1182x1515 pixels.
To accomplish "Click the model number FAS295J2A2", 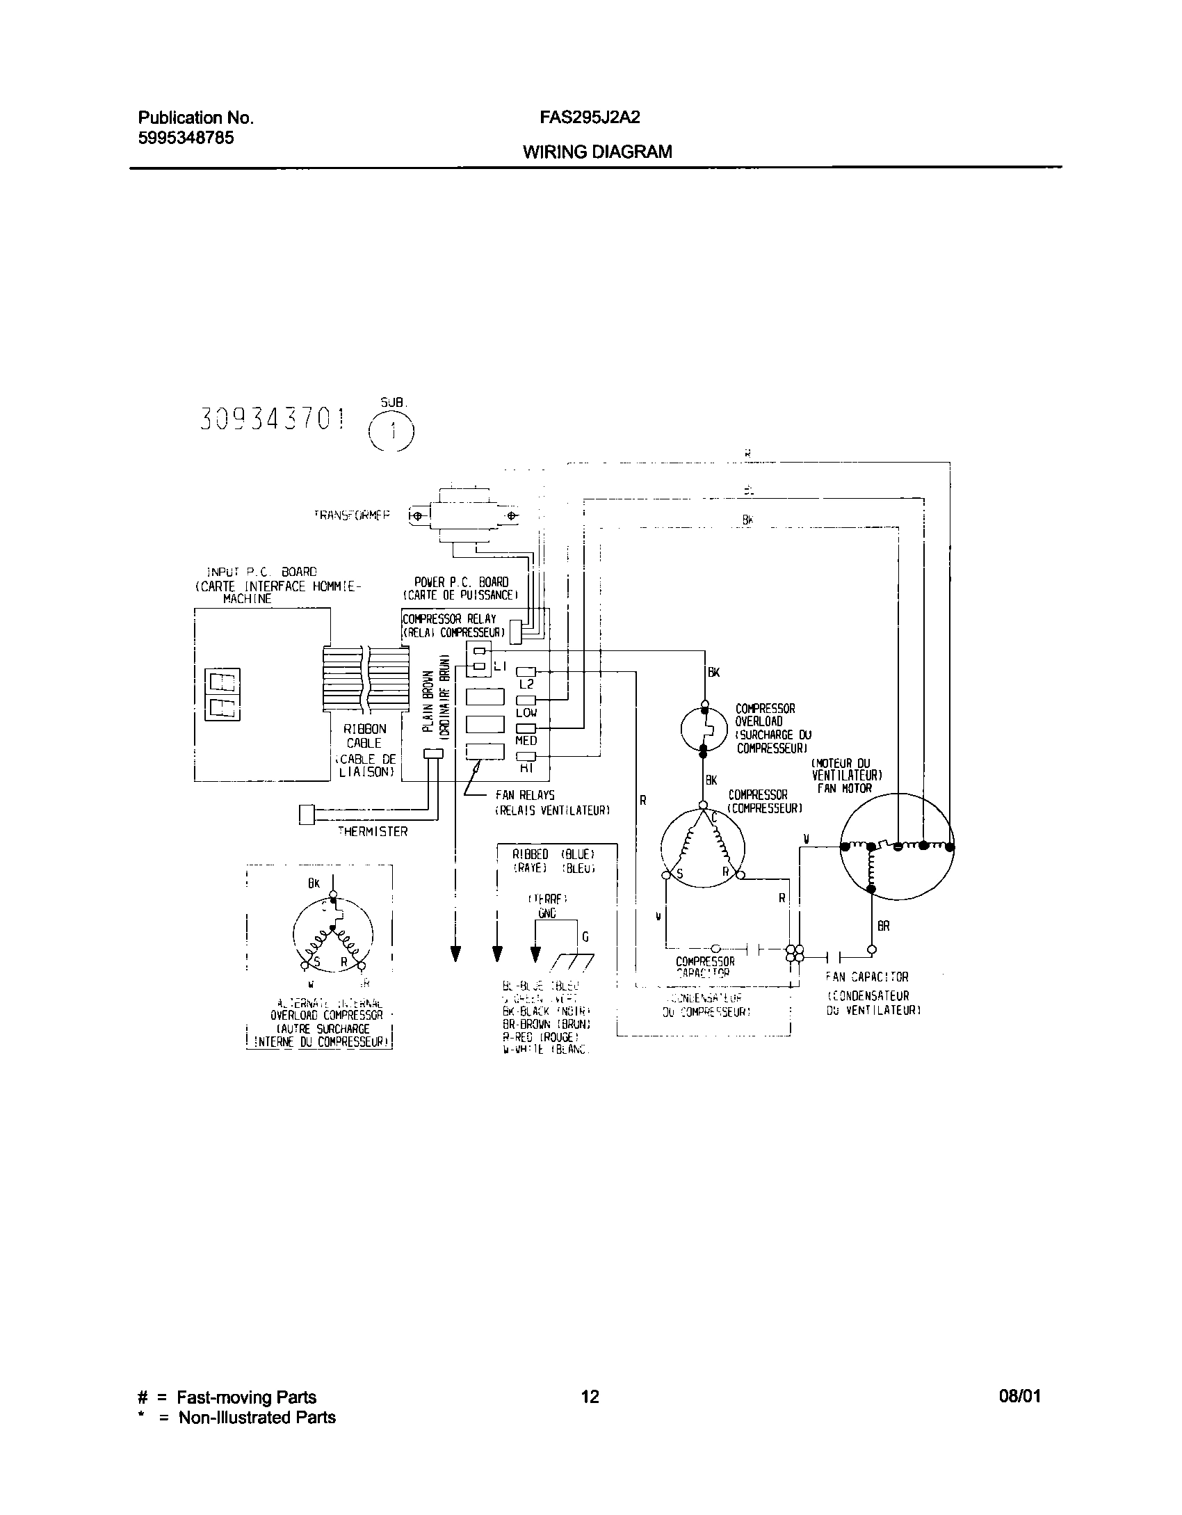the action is pyautogui.click(x=590, y=118).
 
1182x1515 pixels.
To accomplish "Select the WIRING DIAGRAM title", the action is pyautogui.click(x=597, y=152).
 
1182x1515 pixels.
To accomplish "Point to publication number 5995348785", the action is pyautogui.click(x=186, y=137).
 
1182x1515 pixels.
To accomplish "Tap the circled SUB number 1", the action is pyautogui.click(x=391, y=433).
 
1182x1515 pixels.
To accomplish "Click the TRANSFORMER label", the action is pyautogui.click(x=352, y=515).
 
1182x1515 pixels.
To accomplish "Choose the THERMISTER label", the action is pyautogui.click(x=373, y=831).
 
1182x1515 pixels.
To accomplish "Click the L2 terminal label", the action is pyautogui.click(x=526, y=684).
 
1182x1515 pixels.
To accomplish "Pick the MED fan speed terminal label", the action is pyautogui.click(x=526, y=741).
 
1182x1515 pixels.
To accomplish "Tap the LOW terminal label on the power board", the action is pyautogui.click(x=526, y=713).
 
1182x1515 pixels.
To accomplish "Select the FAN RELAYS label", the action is pyautogui.click(x=525, y=795).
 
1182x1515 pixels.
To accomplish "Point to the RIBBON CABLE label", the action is pyautogui.click(x=365, y=736).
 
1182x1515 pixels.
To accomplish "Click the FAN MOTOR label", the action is pyautogui.click(x=845, y=788).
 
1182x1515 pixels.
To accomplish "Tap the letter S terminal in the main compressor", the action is pyautogui.click(x=680, y=874).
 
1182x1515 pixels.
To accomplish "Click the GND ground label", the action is pyautogui.click(x=547, y=913).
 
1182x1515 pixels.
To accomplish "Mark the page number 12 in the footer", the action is pyautogui.click(x=590, y=1397).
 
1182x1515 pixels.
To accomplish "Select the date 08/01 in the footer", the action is pyautogui.click(x=1021, y=1397).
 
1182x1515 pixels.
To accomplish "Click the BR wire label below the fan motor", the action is pyautogui.click(x=883, y=927).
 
